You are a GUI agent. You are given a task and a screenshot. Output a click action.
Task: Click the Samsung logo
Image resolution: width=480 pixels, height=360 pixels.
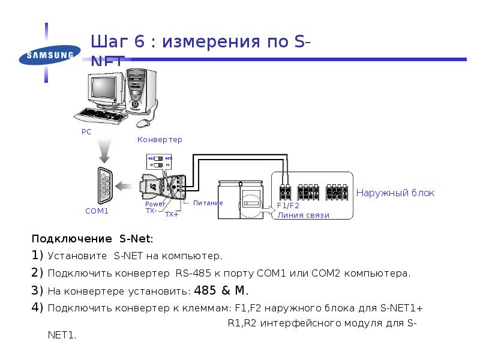coord(47,56)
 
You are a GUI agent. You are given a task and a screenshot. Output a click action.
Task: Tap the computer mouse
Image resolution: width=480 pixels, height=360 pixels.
coord(143,122)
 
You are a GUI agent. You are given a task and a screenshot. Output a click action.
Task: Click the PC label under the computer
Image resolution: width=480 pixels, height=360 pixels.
coord(86,131)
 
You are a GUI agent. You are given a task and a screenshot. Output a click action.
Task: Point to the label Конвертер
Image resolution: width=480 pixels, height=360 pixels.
coord(160,139)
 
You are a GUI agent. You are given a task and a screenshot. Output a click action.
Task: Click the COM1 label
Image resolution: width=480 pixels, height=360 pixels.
coord(97,211)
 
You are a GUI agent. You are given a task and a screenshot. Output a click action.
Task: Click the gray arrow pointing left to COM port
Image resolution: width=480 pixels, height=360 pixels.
coord(125,185)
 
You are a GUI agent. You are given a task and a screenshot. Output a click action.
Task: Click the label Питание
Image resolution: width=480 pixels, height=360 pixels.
coord(208,203)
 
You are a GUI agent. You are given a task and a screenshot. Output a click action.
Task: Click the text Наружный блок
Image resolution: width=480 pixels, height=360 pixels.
coord(395,193)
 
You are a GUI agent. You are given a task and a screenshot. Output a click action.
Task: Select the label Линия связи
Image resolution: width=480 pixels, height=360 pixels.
coord(303,215)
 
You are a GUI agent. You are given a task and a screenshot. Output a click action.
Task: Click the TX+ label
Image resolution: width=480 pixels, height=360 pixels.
coord(172,214)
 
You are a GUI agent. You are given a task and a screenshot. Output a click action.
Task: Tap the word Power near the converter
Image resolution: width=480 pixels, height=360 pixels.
coord(155,204)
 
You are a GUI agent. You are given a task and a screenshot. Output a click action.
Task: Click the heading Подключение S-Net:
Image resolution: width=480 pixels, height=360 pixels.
coord(92,238)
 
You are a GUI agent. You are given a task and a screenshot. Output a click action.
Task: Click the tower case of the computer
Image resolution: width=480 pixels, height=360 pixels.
coord(141,89)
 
